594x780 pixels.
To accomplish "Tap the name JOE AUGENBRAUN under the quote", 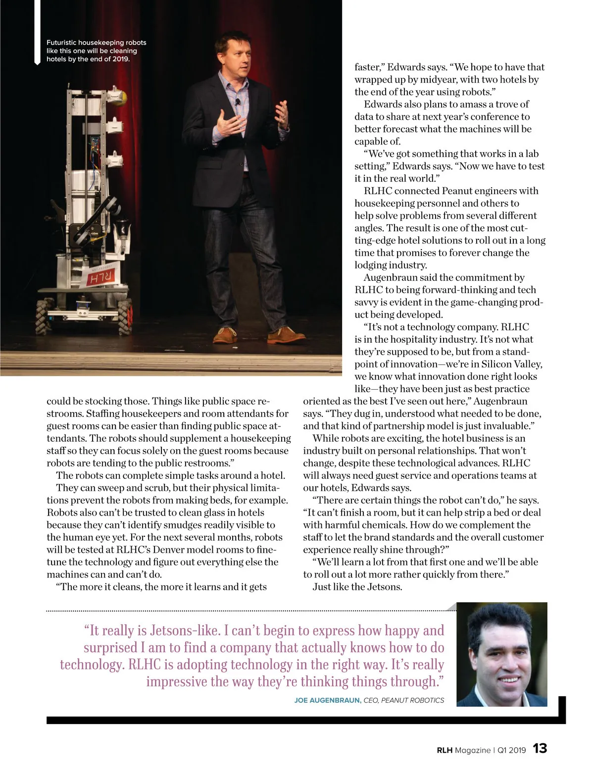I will [x=327, y=700].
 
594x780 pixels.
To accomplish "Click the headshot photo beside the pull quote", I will [x=501, y=654].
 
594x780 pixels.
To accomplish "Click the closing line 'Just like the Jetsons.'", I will [x=357, y=587].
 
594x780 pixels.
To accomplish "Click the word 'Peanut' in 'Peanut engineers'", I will [x=458, y=191].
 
